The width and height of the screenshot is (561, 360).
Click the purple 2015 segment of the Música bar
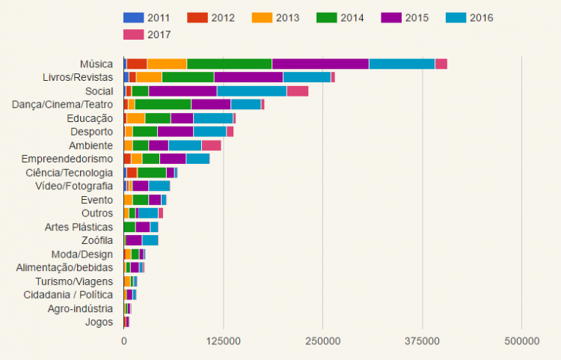click(x=320, y=64)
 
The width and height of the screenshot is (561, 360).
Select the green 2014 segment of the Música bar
click(x=229, y=64)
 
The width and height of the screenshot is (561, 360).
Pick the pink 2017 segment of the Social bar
click(x=298, y=91)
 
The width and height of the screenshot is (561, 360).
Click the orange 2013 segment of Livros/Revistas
click(x=149, y=77)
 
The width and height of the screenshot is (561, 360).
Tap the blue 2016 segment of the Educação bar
click(x=213, y=118)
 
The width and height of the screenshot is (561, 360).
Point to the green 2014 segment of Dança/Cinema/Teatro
click(x=163, y=104)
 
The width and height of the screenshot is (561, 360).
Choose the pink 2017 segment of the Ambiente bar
click(x=211, y=145)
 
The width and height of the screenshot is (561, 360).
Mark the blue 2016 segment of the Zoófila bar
click(x=150, y=240)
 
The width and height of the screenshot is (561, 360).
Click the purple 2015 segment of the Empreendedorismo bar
click(x=173, y=159)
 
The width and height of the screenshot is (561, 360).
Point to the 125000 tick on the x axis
click(x=223, y=341)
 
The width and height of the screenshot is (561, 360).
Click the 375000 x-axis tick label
click(x=423, y=341)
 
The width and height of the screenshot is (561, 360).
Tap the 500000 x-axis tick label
click(x=522, y=341)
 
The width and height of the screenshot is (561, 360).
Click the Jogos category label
click(x=99, y=322)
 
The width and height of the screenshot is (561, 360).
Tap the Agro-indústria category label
click(x=80, y=308)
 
